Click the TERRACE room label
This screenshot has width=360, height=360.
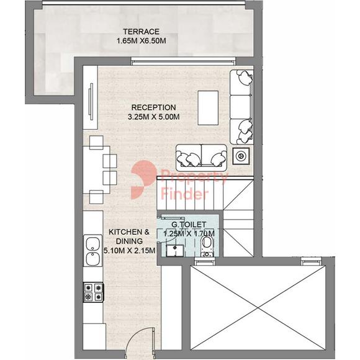[141, 32]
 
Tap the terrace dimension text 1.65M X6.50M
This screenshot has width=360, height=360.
[141, 41]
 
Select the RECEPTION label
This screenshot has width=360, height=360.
[153, 107]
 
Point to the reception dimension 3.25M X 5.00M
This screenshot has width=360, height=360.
[153, 117]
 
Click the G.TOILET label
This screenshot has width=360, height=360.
[189, 224]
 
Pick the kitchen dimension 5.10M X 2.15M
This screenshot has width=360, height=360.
[129, 251]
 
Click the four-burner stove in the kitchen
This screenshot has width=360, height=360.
[94, 292]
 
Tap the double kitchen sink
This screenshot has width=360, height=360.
[92, 251]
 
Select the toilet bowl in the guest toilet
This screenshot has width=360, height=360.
[207, 246]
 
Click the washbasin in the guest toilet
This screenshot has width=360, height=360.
[175, 251]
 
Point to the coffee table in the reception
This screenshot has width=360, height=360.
[208, 108]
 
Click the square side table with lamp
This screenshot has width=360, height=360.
[241, 156]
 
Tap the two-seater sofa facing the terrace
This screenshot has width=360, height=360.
[201, 158]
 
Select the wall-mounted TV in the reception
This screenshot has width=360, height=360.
[91, 102]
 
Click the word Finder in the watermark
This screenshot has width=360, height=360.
[185, 193]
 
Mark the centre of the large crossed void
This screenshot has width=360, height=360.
[258, 308]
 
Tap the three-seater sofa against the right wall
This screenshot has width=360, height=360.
[241, 107]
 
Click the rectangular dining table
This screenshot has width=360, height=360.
[96, 170]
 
